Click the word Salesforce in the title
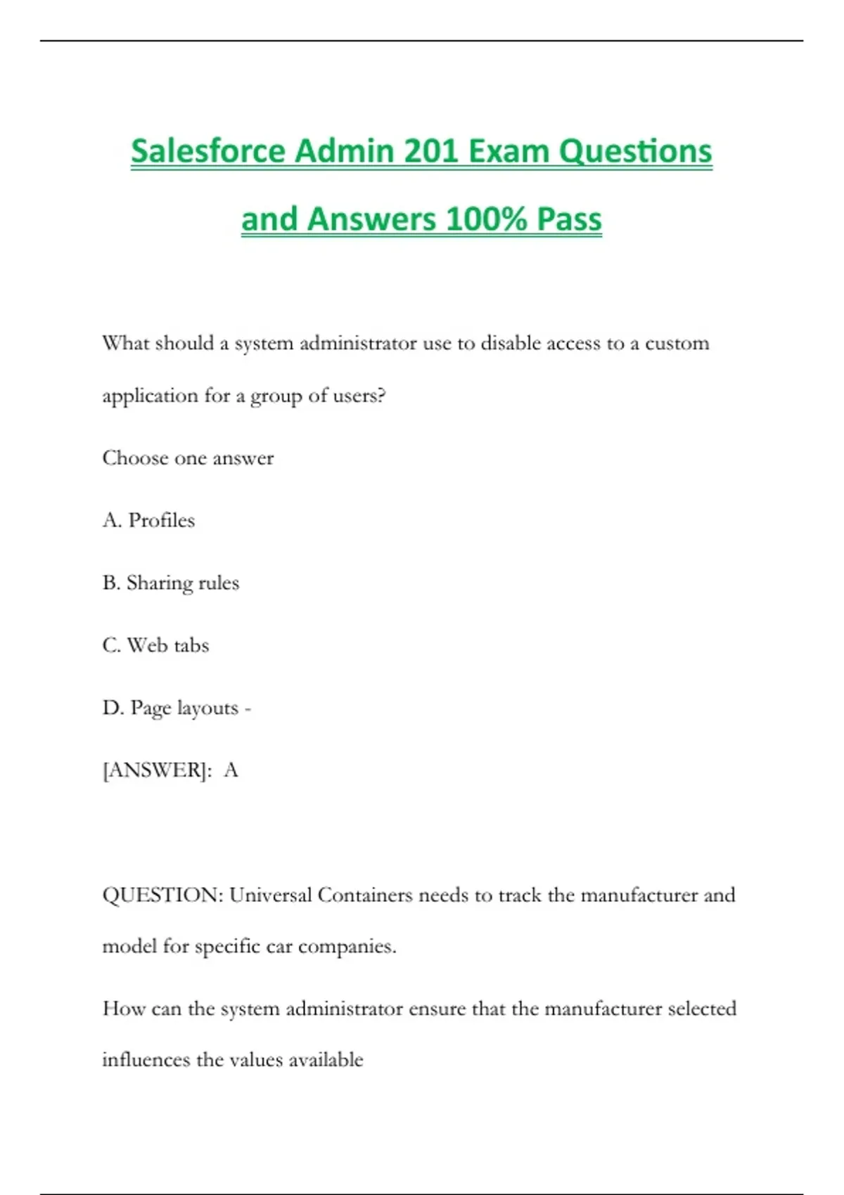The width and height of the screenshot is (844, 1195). click(x=207, y=151)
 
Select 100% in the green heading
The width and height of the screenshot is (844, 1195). click(x=486, y=219)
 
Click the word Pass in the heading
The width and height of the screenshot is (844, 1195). click(x=569, y=219)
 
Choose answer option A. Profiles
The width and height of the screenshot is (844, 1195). click(x=148, y=520)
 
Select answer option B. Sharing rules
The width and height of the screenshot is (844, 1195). click(x=171, y=583)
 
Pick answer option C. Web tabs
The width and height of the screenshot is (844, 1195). click(x=155, y=645)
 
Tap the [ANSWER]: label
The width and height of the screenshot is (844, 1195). click(x=157, y=770)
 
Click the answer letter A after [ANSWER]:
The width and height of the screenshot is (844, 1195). click(x=231, y=770)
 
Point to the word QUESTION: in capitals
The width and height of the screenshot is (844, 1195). click(x=162, y=895)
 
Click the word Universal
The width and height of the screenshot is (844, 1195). click(x=270, y=895)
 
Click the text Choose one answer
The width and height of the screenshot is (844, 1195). click(x=188, y=458)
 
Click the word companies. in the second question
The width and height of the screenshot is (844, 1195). click(x=347, y=947)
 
